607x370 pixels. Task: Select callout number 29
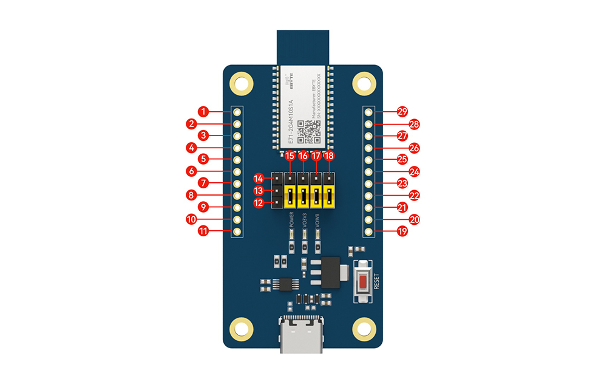[x=402, y=112]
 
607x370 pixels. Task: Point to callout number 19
[x=402, y=231]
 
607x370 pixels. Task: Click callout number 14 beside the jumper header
[x=259, y=179]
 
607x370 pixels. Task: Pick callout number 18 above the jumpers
[x=329, y=157]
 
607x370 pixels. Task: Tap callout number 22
[x=415, y=195]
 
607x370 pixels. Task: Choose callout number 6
[x=191, y=171]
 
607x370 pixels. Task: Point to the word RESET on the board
[x=376, y=281]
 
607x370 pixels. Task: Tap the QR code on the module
[x=311, y=129]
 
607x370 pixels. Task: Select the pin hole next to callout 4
[x=237, y=148]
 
